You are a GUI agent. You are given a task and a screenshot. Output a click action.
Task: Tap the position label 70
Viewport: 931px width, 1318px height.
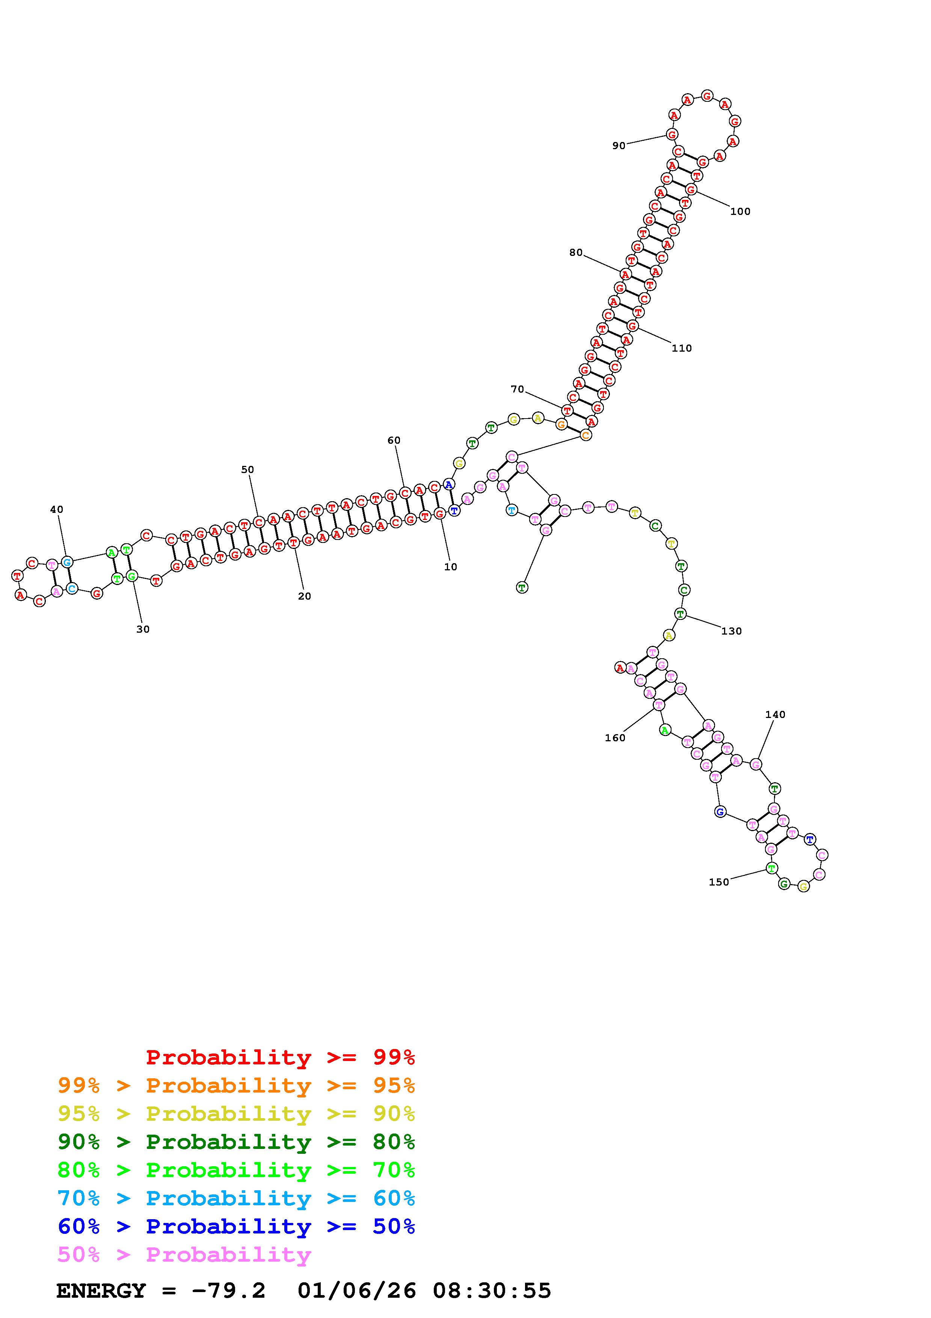pyautogui.click(x=518, y=390)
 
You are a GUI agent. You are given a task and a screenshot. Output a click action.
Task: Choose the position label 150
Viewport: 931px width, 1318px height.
pyautogui.click(x=719, y=882)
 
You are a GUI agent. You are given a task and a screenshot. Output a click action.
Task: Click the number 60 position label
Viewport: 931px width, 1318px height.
pyautogui.click(x=394, y=441)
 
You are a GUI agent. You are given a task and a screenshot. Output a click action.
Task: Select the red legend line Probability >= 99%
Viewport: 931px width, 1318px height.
pyautogui.click(x=281, y=1057)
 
